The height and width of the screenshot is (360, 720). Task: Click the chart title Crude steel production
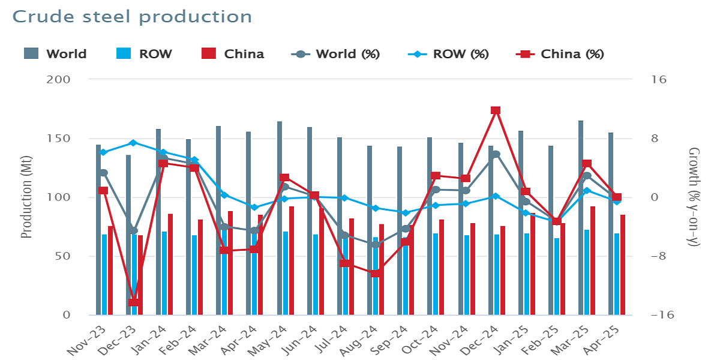tap(132, 16)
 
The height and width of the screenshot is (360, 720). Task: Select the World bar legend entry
tap(56, 54)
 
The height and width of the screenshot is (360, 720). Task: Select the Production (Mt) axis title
tap(26, 197)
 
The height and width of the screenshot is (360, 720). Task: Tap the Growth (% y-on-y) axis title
tap(694, 197)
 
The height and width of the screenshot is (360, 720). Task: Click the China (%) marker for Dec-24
tap(496, 110)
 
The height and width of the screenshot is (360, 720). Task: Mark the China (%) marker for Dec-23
tap(134, 302)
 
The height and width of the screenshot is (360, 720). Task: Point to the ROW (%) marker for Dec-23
tap(134, 143)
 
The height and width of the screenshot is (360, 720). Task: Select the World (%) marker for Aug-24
tap(376, 245)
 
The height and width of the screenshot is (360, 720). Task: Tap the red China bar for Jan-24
tap(170, 264)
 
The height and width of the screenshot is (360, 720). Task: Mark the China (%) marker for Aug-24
tap(376, 274)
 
